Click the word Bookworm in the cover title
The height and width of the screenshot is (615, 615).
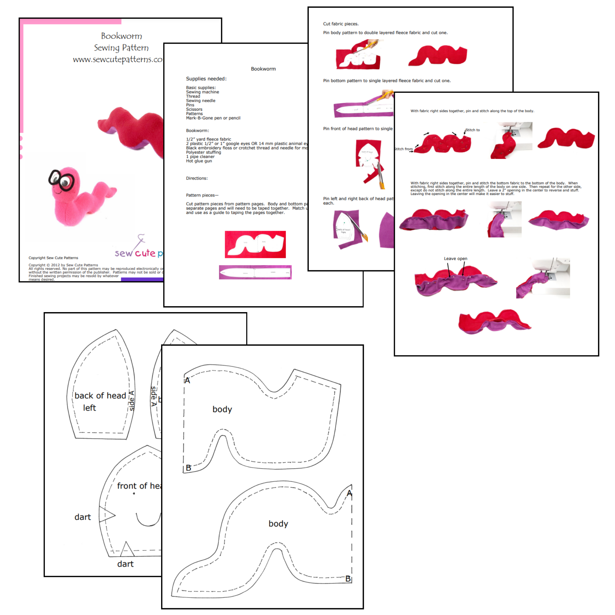121,36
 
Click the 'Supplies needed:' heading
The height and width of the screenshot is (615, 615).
206,79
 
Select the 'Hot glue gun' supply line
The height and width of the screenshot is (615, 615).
199,161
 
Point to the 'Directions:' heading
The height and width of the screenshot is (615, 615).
197,178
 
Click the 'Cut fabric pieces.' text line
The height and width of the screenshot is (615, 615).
341,24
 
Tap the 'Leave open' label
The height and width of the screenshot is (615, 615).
455,259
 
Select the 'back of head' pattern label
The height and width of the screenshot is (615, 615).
100,395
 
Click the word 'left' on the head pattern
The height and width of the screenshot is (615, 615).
89,408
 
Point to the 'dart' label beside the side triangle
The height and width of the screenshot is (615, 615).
82,517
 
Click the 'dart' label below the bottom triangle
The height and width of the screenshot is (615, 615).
125,564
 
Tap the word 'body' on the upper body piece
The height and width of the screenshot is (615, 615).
222,409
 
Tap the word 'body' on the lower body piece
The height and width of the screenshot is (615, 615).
278,524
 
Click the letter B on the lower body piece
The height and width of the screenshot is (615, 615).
348,579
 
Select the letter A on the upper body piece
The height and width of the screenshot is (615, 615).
187,380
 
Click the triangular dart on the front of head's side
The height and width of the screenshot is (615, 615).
106,514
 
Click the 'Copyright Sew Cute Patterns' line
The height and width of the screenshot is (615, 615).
53,258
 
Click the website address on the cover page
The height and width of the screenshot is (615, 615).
118,60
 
